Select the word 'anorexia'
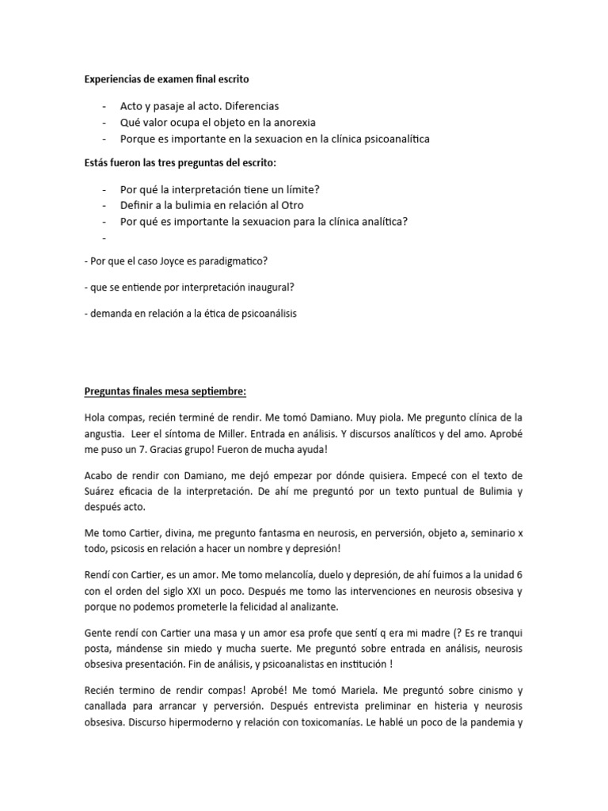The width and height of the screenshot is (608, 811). click(x=294, y=122)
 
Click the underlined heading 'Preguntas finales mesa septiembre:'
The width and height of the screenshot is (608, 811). click(x=166, y=391)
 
